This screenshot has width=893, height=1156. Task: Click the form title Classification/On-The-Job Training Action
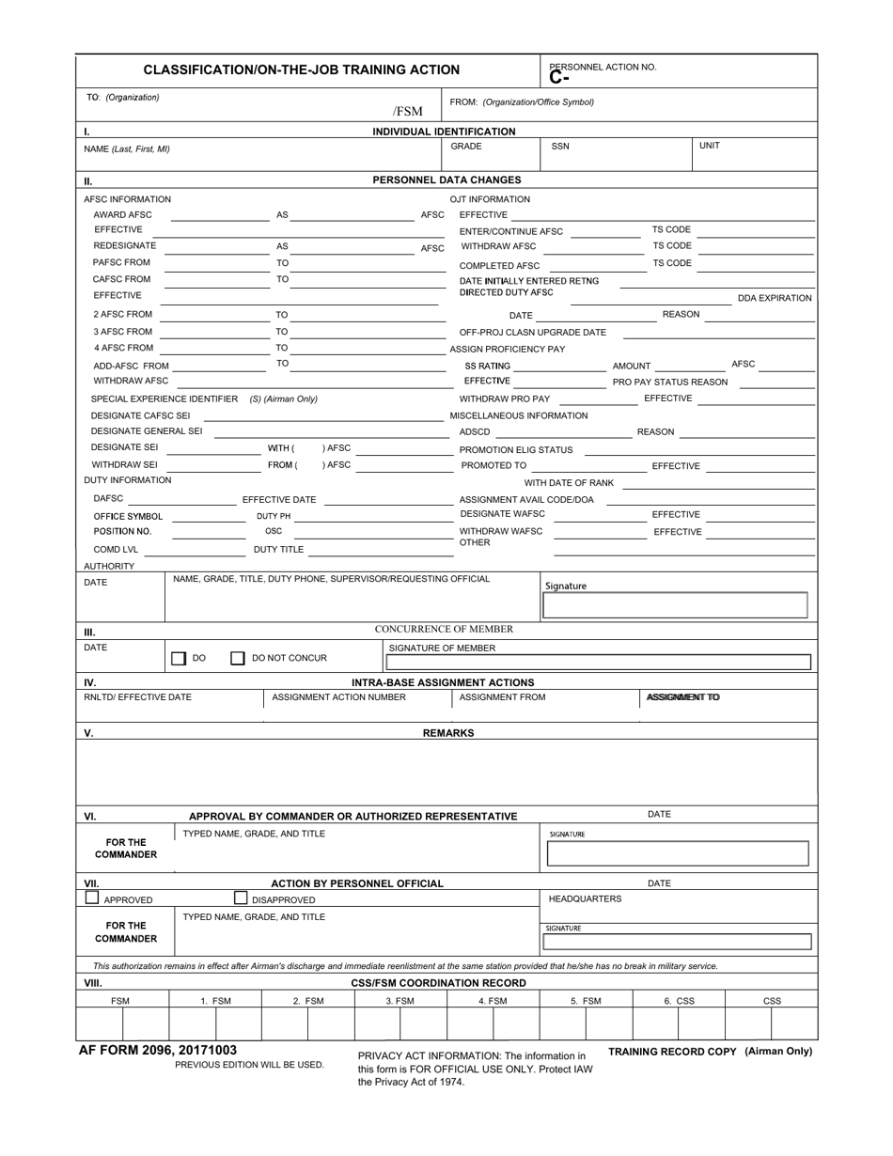301,70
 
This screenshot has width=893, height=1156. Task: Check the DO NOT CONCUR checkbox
238,659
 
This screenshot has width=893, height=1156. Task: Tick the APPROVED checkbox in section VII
92,898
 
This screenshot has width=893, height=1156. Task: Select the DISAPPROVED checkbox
241,898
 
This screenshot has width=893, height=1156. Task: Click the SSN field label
560,147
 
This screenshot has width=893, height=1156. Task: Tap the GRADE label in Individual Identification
466,147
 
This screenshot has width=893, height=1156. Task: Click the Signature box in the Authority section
675,605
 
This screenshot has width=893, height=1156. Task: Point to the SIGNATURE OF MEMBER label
442,648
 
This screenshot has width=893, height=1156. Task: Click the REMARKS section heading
447,733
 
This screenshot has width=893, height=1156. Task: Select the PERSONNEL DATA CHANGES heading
446,180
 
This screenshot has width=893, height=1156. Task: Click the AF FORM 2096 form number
158,1050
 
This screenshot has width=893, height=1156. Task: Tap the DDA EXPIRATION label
775,298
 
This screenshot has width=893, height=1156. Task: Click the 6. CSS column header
679,1001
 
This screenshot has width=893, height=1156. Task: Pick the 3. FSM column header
399,1001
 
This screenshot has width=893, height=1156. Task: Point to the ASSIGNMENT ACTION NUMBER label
338,697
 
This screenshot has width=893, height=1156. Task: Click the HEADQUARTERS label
585,898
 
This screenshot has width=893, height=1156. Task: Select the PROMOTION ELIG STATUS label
516,450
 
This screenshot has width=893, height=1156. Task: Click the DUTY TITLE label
278,549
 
